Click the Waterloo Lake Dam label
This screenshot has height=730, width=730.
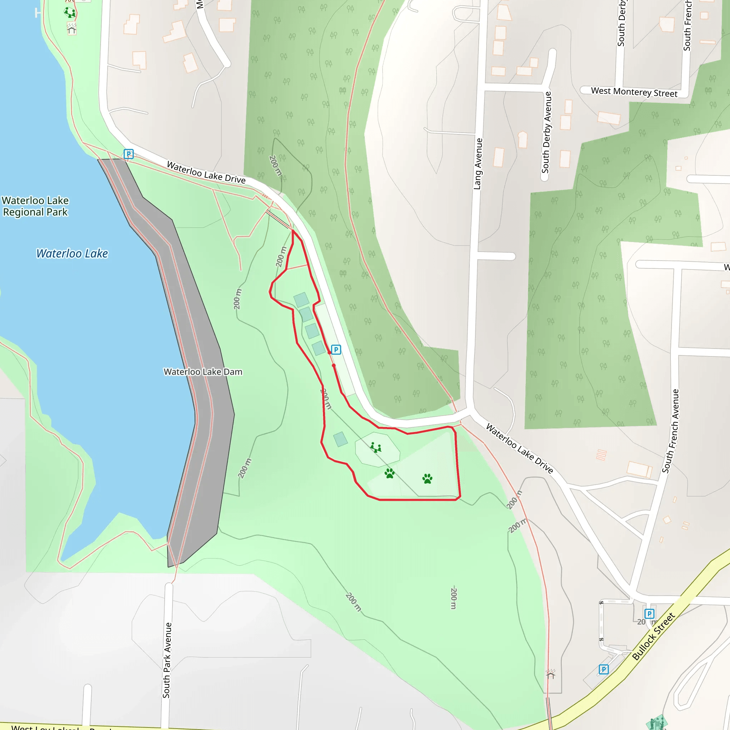click(x=203, y=372)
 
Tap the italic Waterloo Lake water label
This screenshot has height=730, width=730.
click(x=72, y=253)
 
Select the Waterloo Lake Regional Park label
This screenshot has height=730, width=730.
click(x=35, y=206)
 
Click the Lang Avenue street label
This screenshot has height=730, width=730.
click(x=478, y=164)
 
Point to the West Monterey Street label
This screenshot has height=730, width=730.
click(x=634, y=92)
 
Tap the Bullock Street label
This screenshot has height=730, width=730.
click(x=653, y=636)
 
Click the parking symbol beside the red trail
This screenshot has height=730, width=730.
click(x=336, y=350)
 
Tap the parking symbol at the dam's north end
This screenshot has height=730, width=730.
click(x=128, y=154)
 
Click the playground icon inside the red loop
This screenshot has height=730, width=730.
click(x=376, y=448)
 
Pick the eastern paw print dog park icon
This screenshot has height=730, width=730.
click(x=427, y=479)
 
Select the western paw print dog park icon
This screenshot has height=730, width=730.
click(x=390, y=473)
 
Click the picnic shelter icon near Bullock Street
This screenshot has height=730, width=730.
click(x=550, y=674)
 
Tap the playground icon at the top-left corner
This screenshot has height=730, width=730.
click(x=70, y=12)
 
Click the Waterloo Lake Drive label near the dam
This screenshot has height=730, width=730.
click(x=206, y=172)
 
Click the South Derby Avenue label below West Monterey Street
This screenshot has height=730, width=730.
click(x=547, y=132)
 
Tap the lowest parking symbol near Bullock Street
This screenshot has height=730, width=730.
click(x=604, y=669)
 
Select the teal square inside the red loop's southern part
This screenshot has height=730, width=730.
click(x=340, y=439)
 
